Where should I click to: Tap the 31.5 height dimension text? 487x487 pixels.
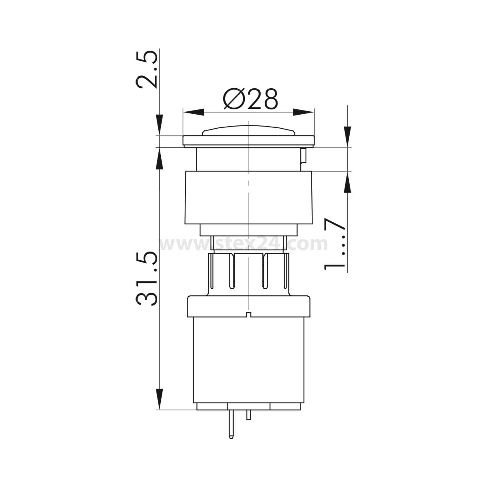point(147,279)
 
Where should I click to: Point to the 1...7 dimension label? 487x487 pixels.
point(334,244)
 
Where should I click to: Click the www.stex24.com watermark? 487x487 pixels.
point(243,244)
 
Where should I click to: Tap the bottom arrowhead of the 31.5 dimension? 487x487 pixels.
point(159,399)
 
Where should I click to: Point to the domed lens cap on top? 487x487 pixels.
point(248,131)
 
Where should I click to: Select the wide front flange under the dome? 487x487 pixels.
point(248,141)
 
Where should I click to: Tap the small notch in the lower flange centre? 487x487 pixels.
point(248,314)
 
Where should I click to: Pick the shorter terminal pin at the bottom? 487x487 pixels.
point(249,415)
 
